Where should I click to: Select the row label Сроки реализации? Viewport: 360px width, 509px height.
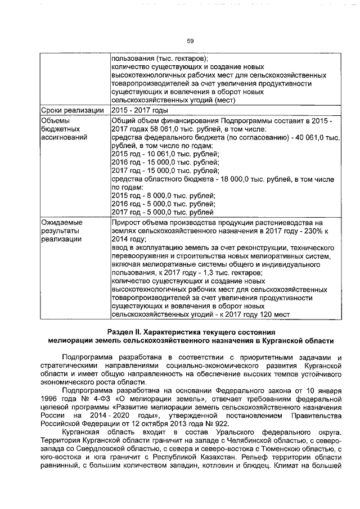tap(73, 110)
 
